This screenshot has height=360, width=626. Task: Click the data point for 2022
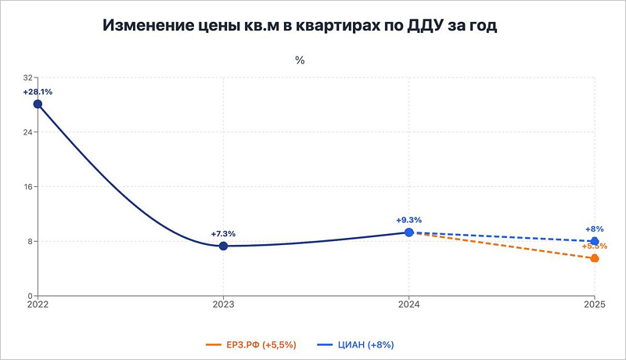pos(38,104)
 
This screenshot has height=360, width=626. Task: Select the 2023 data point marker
pos(223,246)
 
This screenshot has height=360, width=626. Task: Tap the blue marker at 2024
pos(409,232)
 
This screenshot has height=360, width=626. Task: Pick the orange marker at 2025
pos(595,258)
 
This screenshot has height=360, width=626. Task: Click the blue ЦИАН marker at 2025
pos(595,241)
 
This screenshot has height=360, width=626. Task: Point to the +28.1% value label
pos(38,92)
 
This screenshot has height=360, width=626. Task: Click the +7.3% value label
pos(223,233)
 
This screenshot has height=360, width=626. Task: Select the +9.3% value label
pos(409,220)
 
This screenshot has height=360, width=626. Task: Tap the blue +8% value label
pos(595,229)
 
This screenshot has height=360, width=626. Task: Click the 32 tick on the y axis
pos(28,78)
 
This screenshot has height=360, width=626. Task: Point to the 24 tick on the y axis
pos(28,132)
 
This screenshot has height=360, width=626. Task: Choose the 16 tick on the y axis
pos(28,187)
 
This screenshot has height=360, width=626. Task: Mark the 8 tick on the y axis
pos(31,241)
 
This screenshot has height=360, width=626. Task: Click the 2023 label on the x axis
pos(223,304)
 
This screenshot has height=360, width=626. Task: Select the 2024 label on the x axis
pos(409,304)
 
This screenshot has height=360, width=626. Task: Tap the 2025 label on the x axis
pos(595,304)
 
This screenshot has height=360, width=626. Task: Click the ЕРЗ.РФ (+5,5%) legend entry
pos(253,344)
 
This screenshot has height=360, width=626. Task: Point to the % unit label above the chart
pos(299,60)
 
